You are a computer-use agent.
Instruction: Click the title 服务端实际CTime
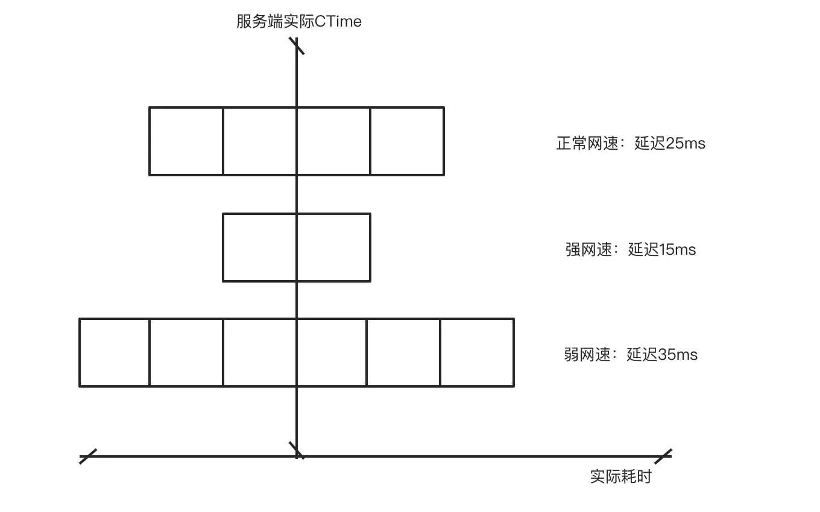(x=298, y=22)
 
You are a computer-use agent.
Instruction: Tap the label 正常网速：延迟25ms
(x=630, y=144)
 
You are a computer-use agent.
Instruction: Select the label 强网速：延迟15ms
(x=630, y=249)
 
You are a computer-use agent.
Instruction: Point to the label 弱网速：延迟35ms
(x=630, y=354)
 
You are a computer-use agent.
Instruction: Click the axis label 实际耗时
(x=620, y=476)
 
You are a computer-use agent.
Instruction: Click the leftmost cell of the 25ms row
(x=186, y=141)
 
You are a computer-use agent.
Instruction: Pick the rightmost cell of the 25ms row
(x=407, y=141)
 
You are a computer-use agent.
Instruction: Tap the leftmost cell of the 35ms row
(x=115, y=352)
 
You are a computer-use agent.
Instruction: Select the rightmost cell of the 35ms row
(x=477, y=352)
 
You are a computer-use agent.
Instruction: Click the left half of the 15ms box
(x=260, y=247)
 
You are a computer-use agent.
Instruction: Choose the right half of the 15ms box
(x=333, y=247)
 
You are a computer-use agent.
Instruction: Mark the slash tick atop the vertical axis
(x=297, y=46)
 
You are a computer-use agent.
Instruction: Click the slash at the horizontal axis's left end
(x=88, y=456)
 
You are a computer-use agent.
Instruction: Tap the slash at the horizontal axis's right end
(x=663, y=456)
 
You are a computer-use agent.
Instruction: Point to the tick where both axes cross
(x=297, y=450)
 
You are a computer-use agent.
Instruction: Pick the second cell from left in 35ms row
(x=186, y=352)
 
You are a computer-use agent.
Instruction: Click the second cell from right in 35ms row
(x=403, y=352)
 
